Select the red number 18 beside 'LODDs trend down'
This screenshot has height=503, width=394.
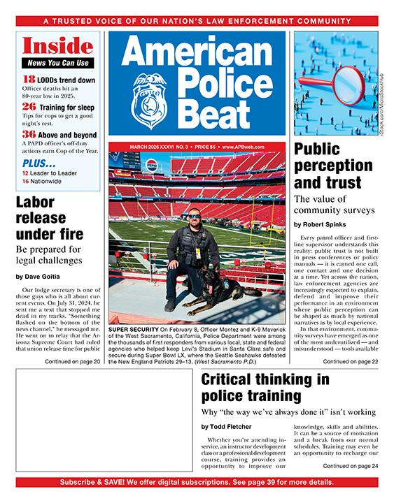(x=28, y=80)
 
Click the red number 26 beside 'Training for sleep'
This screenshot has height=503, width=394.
(x=28, y=106)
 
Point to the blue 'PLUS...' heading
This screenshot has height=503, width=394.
(x=40, y=163)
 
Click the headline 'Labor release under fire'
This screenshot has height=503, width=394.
(x=49, y=218)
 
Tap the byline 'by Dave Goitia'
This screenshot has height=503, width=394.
(x=39, y=277)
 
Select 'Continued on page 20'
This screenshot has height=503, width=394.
(x=73, y=362)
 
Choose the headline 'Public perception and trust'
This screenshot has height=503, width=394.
(x=327, y=166)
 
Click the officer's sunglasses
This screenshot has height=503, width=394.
(x=193, y=217)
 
